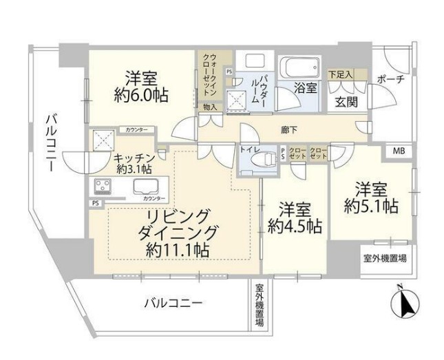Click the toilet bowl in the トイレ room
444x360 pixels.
click(260, 160)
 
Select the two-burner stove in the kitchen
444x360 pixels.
click(104, 187)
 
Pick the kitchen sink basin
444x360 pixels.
click(146, 186)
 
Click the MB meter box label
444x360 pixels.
click(399, 151)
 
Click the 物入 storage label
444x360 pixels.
click(210, 107)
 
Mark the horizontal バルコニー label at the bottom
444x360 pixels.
click(173, 302)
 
